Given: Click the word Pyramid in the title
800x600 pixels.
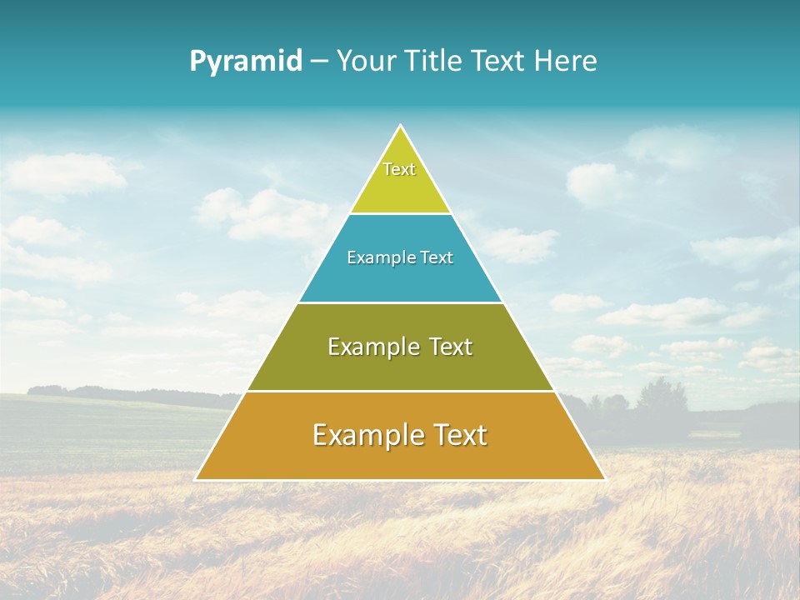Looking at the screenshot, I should point(246,62).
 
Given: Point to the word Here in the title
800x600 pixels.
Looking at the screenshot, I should point(566,62).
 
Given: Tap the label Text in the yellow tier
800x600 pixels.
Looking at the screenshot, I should point(399,169).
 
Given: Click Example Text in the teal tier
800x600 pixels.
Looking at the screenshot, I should point(400,257).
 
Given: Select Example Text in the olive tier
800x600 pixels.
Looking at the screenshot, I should point(400,347).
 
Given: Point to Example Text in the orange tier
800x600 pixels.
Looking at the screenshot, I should point(400,435).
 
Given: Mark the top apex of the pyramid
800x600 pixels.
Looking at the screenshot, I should point(401,126).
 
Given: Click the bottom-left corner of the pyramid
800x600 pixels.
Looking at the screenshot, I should point(196,479).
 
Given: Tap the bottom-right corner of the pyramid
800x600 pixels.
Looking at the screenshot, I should point(604,479).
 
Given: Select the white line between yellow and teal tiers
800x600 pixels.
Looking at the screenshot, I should point(400,213).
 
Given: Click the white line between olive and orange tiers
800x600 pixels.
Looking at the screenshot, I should point(400,391).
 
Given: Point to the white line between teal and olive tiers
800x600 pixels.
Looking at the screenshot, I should point(400,302).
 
